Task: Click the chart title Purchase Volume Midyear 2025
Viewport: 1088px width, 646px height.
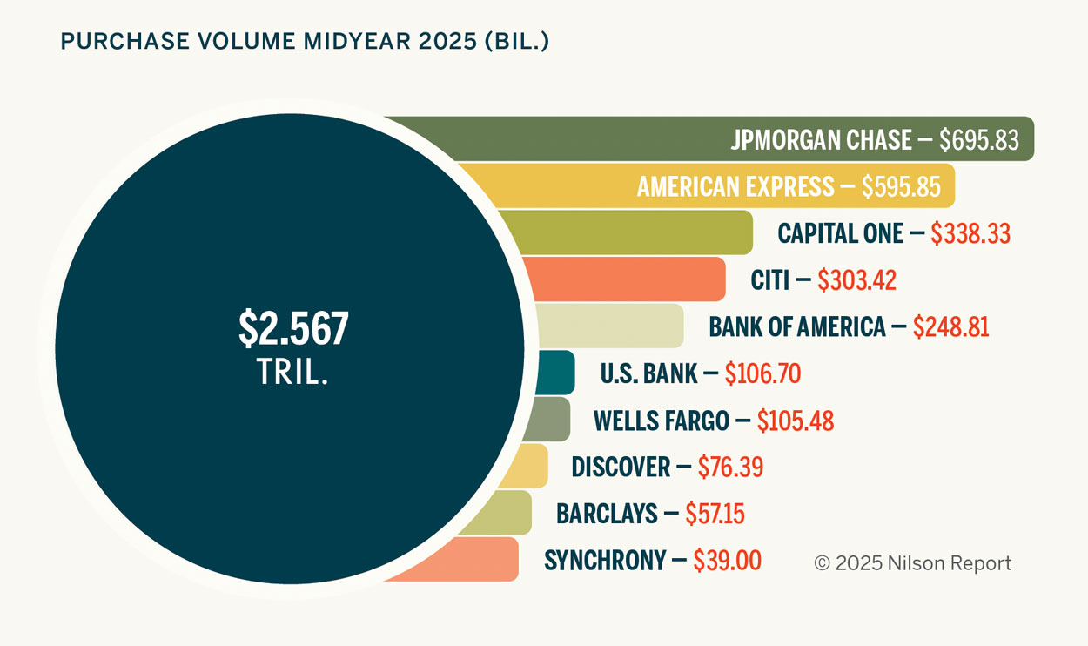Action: [304, 41]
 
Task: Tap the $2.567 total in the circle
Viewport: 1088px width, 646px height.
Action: [293, 328]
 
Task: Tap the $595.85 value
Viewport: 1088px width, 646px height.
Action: [901, 186]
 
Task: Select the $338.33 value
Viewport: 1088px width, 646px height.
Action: [970, 233]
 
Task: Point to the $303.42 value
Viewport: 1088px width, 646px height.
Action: [856, 280]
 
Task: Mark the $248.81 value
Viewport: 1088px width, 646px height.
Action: [950, 326]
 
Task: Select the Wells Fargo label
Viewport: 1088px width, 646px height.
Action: [662, 421]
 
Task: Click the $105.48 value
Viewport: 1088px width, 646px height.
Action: [795, 421]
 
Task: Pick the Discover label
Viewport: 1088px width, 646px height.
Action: [621, 467]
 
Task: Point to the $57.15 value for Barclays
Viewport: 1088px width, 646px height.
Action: [715, 514]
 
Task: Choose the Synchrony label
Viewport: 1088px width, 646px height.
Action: [605, 560]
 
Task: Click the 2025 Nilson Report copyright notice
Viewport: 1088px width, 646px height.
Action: [913, 563]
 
